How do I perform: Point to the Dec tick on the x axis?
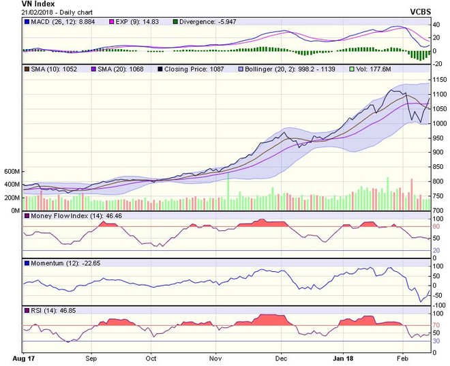point(281,357)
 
